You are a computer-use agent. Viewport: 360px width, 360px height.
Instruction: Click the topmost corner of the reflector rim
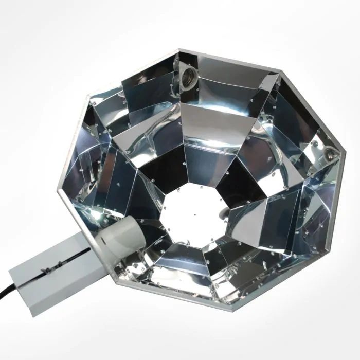(178, 50)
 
